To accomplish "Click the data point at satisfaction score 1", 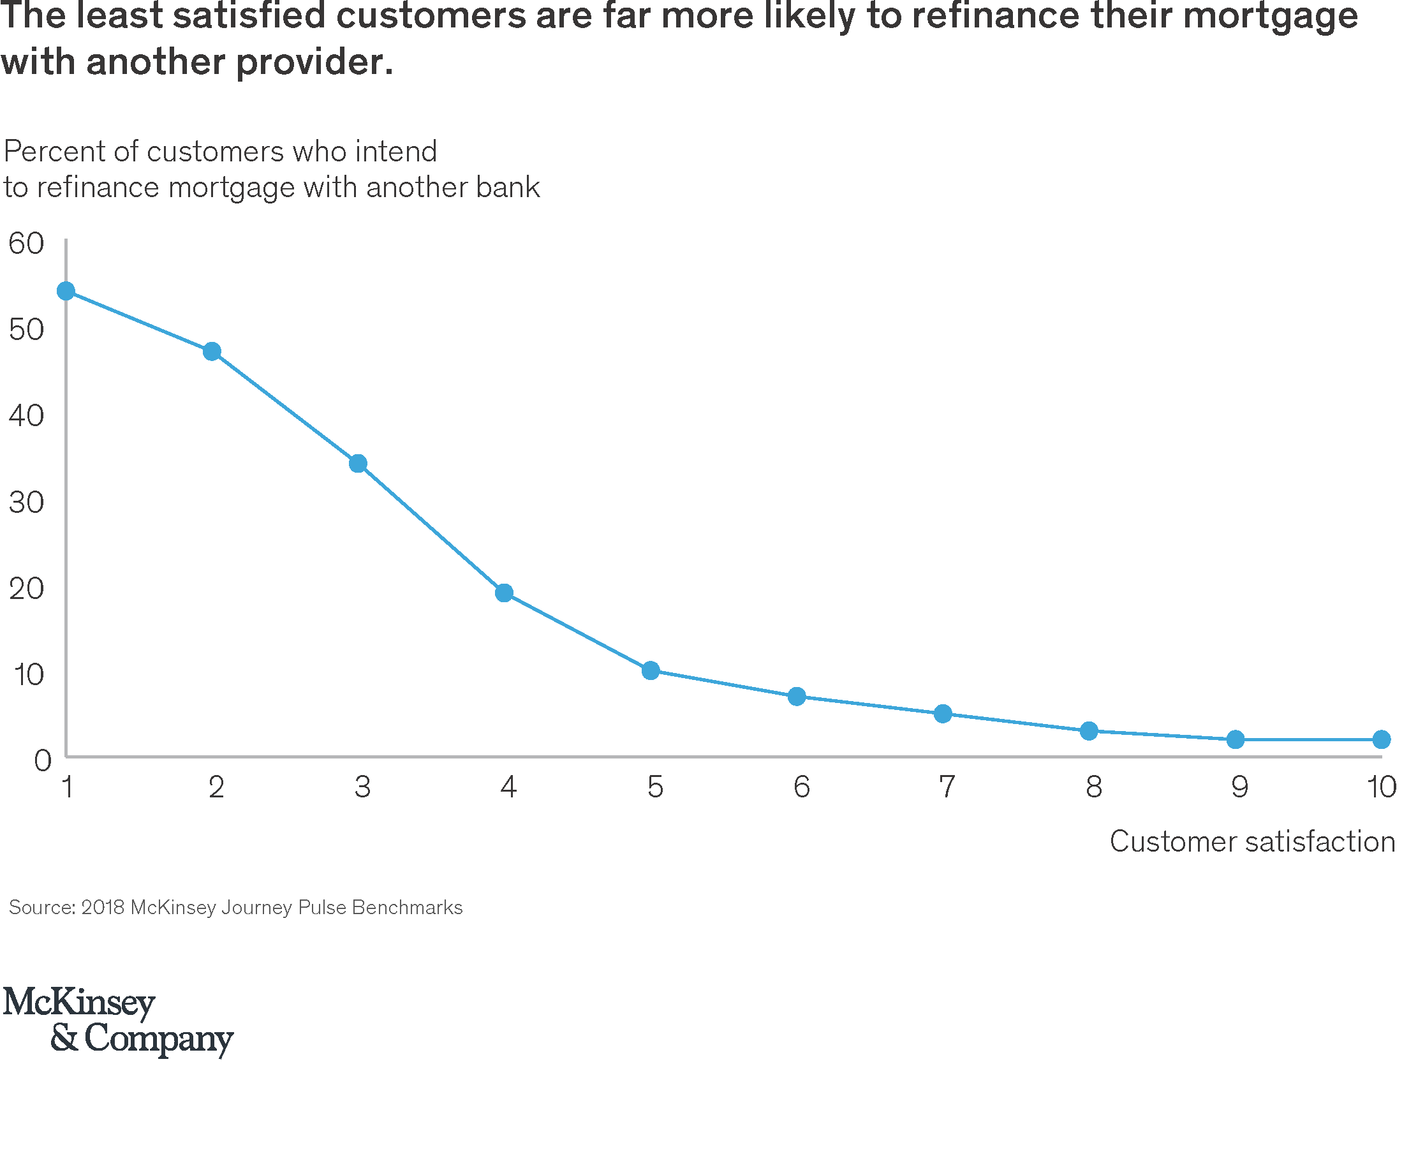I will (66, 291).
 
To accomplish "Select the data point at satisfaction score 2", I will (212, 351).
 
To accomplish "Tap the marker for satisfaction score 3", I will (358, 464).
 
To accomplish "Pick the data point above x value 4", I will (504, 593).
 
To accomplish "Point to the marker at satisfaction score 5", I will (651, 670).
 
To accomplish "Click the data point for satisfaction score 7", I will (943, 714).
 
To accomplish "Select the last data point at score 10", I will (1382, 739).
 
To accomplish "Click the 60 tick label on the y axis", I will (26, 244).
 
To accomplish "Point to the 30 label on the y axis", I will (26, 502).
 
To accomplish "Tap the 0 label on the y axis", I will (42, 760).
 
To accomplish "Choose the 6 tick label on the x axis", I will (802, 787).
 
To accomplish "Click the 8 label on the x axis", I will (1094, 787).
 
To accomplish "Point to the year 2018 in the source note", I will (103, 908).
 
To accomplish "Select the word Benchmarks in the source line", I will (407, 908).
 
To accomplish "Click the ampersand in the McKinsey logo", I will (65, 1038).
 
